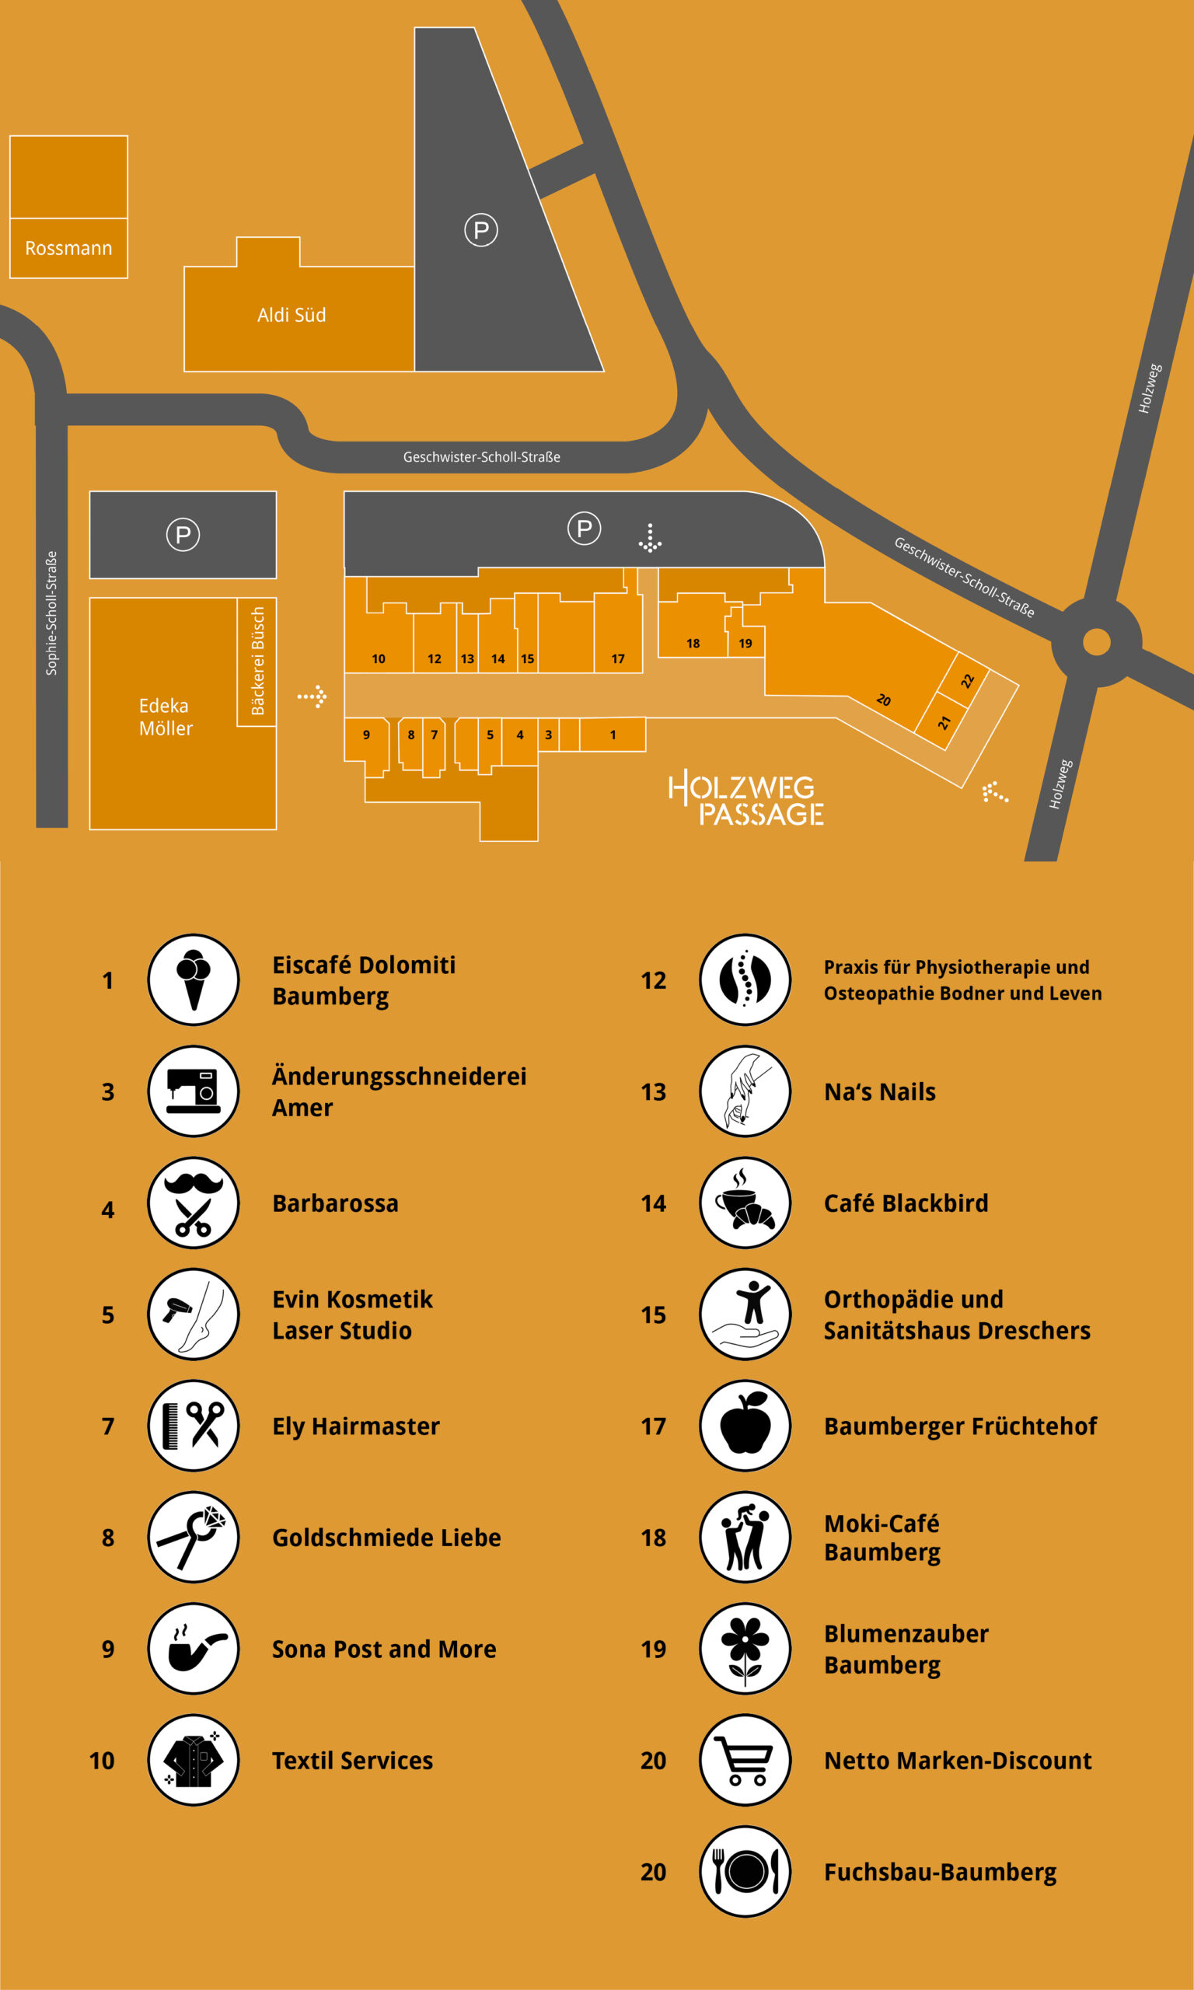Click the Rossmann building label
point(68,248)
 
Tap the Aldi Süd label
point(292,315)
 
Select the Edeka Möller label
point(166,717)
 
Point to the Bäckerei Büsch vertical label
point(257,661)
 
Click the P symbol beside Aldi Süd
point(481,230)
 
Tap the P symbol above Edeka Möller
point(183,535)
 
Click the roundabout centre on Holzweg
point(1096,642)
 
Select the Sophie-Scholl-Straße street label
point(51,613)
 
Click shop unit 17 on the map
point(618,658)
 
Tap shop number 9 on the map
point(366,735)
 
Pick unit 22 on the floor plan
point(967,680)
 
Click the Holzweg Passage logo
point(745,799)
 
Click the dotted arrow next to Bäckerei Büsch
point(312,696)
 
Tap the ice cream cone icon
point(193,979)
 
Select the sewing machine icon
point(193,1091)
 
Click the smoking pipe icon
point(193,1648)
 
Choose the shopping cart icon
point(745,1760)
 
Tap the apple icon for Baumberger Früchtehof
point(745,1426)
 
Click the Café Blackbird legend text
point(906,1203)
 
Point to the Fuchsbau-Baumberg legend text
point(940,1872)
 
